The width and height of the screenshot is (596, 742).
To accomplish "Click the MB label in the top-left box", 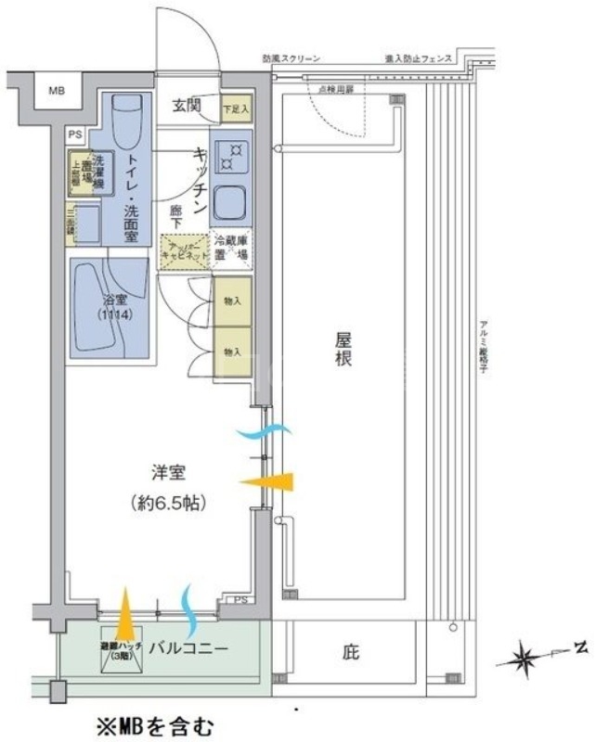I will coord(57,91).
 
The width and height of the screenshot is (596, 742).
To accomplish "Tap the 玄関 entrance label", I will coord(188,105).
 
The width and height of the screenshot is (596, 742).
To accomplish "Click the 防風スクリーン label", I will coord(292,59).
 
